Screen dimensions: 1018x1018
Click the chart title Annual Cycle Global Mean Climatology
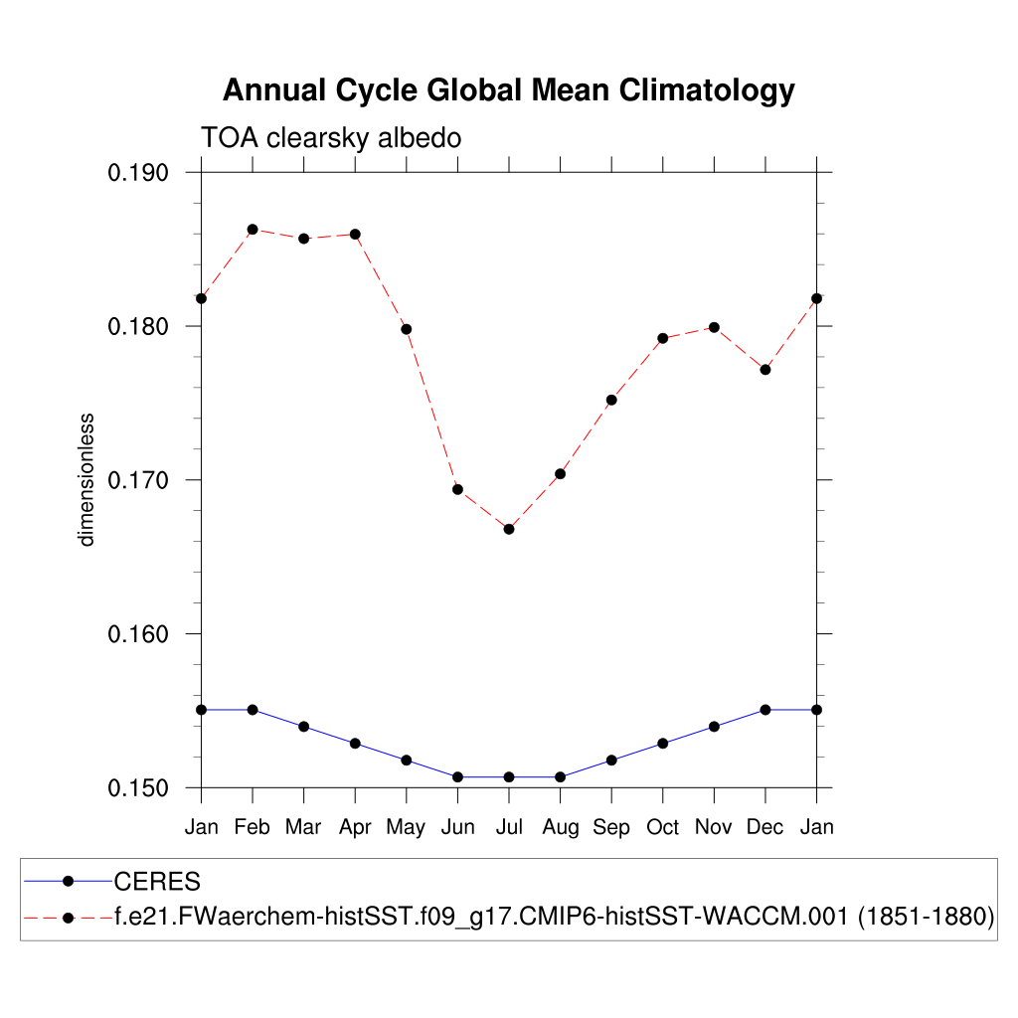coord(508,90)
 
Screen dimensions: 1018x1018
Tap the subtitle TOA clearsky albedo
coord(331,137)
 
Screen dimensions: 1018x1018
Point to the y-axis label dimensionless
coord(86,479)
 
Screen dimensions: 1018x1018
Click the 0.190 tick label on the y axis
coord(138,173)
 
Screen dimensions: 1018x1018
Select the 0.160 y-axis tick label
coord(138,634)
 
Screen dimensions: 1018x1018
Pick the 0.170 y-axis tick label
coord(138,480)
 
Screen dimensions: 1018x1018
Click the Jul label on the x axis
coord(509,827)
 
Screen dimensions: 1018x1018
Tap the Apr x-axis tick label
coord(355,827)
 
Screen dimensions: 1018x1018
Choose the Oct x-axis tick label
coord(663,827)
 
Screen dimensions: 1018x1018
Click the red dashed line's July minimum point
coord(509,529)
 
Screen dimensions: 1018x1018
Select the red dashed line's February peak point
coord(253,230)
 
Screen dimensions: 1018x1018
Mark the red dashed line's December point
coord(765,370)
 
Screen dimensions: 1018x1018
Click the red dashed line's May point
coord(407,329)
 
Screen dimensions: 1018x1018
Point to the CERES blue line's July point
coord(509,776)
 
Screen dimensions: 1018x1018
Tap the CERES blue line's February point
coord(253,710)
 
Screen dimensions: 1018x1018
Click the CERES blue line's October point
coord(663,744)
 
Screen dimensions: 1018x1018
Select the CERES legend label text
coord(158,882)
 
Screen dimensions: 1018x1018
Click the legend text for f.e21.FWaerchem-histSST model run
coord(555,917)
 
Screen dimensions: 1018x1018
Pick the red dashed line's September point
coord(611,400)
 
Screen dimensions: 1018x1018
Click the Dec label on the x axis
coord(765,827)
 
